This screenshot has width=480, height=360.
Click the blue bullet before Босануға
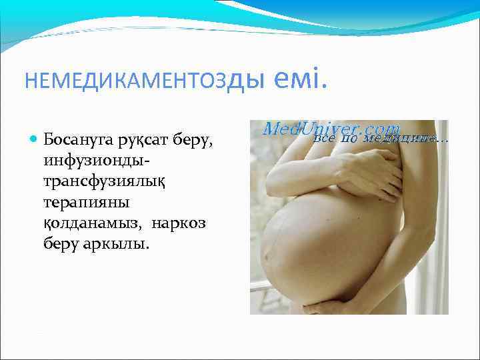pos(34,141)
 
